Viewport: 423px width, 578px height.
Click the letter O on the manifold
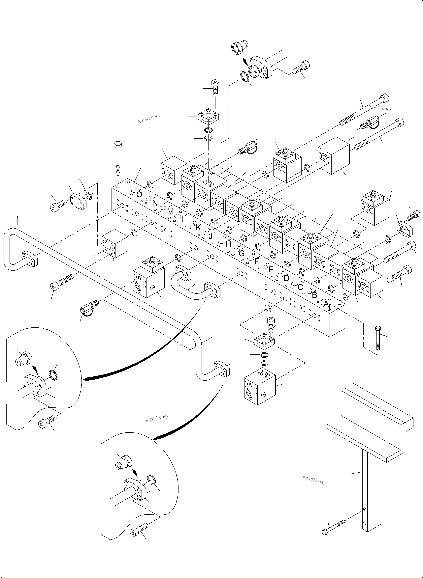[x=139, y=195]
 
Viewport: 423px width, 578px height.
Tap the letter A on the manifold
[x=326, y=304]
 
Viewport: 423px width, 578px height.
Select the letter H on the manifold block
[x=228, y=244]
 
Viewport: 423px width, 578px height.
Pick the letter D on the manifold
[x=286, y=278]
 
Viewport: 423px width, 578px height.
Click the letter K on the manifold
[x=198, y=227]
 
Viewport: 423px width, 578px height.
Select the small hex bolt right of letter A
[x=378, y=338]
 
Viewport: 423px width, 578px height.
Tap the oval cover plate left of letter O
[x=78, y=202]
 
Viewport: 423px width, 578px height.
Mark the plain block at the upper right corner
[x=333, y=155]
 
